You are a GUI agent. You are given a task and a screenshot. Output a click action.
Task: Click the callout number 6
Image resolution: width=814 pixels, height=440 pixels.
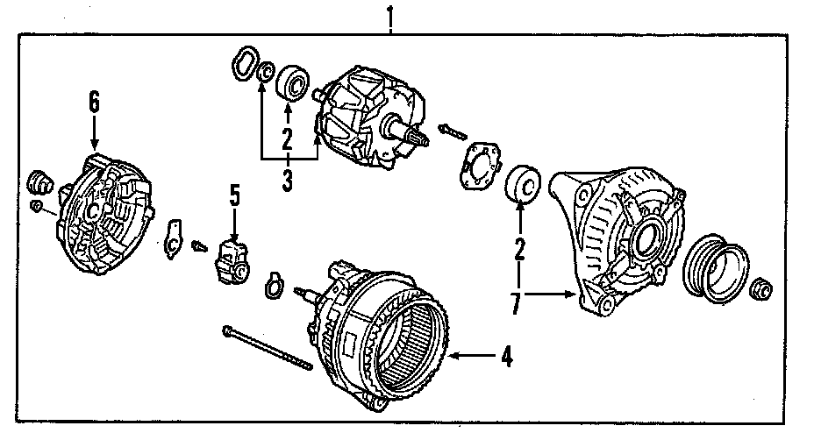point(94,103)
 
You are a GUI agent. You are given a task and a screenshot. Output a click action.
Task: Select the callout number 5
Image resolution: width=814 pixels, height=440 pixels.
point(234,195)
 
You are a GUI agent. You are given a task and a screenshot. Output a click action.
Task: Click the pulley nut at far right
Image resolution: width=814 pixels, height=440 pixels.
point(762,288)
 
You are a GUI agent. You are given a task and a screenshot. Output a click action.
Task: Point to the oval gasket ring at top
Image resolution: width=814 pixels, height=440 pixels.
point(244,64)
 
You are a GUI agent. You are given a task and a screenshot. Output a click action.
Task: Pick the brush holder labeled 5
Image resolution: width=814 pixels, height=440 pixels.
point(232,260)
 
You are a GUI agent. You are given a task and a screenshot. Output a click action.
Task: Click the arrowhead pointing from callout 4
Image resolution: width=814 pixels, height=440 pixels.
point(455,356)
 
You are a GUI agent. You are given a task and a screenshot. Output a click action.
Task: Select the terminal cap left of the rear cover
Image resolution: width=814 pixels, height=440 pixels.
point(39,182)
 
